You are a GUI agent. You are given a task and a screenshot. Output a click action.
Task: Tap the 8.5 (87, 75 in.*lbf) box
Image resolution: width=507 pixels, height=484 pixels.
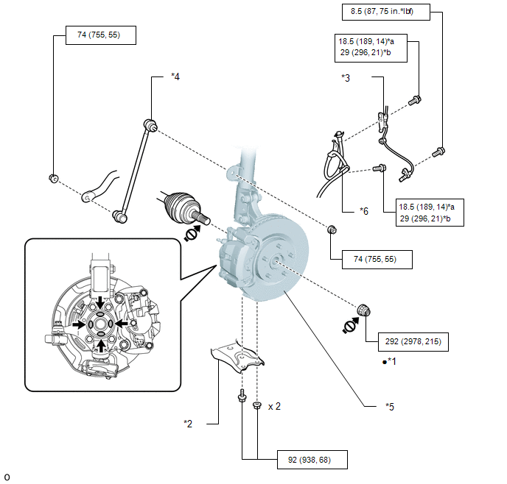385,12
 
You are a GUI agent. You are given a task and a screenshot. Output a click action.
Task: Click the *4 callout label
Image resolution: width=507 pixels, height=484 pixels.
175,76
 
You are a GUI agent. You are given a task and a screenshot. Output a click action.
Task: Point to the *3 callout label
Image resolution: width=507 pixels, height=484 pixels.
346,78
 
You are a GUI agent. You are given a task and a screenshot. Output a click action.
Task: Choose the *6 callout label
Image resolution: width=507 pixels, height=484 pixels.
364,211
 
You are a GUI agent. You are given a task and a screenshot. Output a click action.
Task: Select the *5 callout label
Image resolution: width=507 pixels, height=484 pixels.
390,407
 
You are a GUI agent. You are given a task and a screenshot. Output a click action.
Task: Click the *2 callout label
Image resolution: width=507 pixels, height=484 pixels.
188,424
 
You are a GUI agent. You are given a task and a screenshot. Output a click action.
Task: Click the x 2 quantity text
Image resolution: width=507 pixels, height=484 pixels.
275,407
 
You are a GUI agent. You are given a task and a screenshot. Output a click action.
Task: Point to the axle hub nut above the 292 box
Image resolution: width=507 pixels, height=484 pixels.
364,310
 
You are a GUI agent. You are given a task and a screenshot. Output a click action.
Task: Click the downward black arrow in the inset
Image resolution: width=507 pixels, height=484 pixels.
100,302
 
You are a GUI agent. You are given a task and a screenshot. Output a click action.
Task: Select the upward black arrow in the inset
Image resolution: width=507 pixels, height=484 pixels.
102,346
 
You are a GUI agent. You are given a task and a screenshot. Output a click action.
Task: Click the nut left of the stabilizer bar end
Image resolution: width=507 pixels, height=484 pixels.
54,178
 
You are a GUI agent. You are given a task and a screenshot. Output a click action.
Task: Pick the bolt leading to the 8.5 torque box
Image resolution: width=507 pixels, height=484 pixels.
438,152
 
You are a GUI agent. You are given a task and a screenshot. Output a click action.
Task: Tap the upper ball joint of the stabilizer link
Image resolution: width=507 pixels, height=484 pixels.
150,125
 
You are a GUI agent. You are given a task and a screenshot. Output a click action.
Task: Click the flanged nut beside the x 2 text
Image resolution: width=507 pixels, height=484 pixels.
257,405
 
